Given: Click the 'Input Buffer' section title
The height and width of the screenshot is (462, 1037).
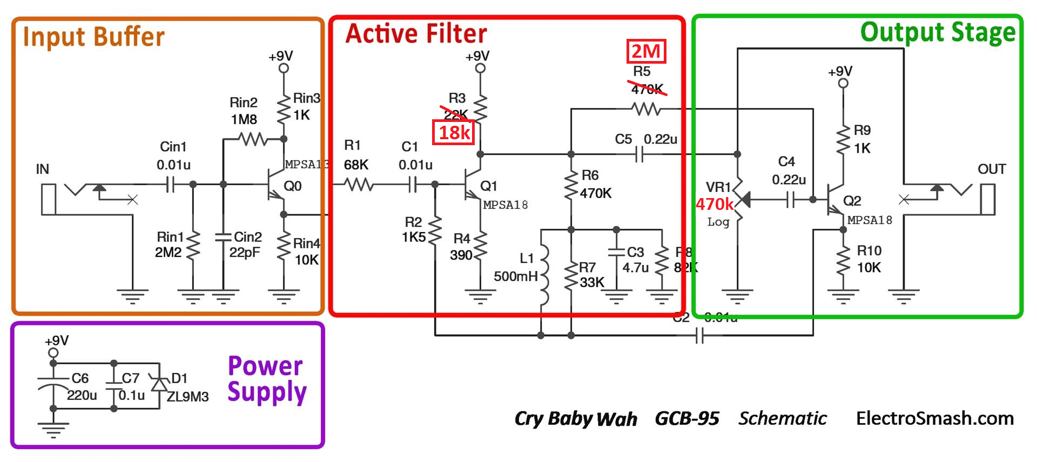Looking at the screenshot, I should coord(93,37).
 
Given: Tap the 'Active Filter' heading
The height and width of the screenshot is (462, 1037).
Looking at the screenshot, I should coord(416,33).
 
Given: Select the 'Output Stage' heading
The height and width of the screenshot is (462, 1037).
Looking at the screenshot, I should coord(938,32).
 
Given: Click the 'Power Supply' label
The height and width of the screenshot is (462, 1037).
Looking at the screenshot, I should coord(267,379).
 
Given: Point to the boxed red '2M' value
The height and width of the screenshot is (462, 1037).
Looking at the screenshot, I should coord(646,51).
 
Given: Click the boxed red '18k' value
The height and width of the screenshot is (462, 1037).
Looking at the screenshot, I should coord(454,132).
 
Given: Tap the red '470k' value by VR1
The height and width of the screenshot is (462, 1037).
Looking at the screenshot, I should coord(714,204).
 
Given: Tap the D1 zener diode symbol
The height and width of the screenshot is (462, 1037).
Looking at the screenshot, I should coord(159,384).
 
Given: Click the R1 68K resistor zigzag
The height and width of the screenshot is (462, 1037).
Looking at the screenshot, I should coord(359,185).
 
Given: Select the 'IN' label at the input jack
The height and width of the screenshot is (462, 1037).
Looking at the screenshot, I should coord(42,169).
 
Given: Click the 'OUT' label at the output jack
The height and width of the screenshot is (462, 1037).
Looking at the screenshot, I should coord(991,169).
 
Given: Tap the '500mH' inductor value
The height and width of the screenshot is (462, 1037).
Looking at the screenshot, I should coord(515,277).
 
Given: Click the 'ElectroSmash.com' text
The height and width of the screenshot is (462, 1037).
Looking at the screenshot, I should coord(934,418).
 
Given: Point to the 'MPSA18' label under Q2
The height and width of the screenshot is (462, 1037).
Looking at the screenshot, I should coord(870,220).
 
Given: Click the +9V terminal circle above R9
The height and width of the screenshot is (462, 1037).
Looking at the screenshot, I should coord(843,83).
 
